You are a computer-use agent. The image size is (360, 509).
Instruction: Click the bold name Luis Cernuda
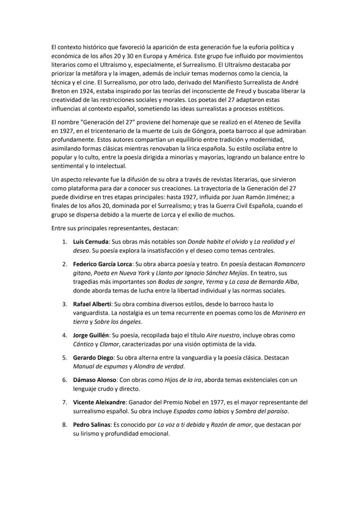91,241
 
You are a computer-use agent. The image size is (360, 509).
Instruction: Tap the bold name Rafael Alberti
91,304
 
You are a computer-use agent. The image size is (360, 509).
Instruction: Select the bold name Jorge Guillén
91,335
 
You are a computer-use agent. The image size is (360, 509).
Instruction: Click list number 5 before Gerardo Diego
64,357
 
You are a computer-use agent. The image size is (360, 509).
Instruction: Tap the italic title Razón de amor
228,425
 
